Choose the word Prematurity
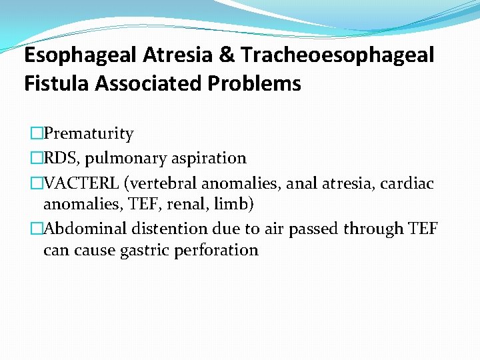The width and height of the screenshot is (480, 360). [89, 134]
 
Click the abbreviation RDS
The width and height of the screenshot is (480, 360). [59, 158]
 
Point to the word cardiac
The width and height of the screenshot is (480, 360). [410, 182]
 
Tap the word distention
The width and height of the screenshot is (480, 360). [169, 229]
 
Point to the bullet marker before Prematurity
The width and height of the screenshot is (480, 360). [36, 134]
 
